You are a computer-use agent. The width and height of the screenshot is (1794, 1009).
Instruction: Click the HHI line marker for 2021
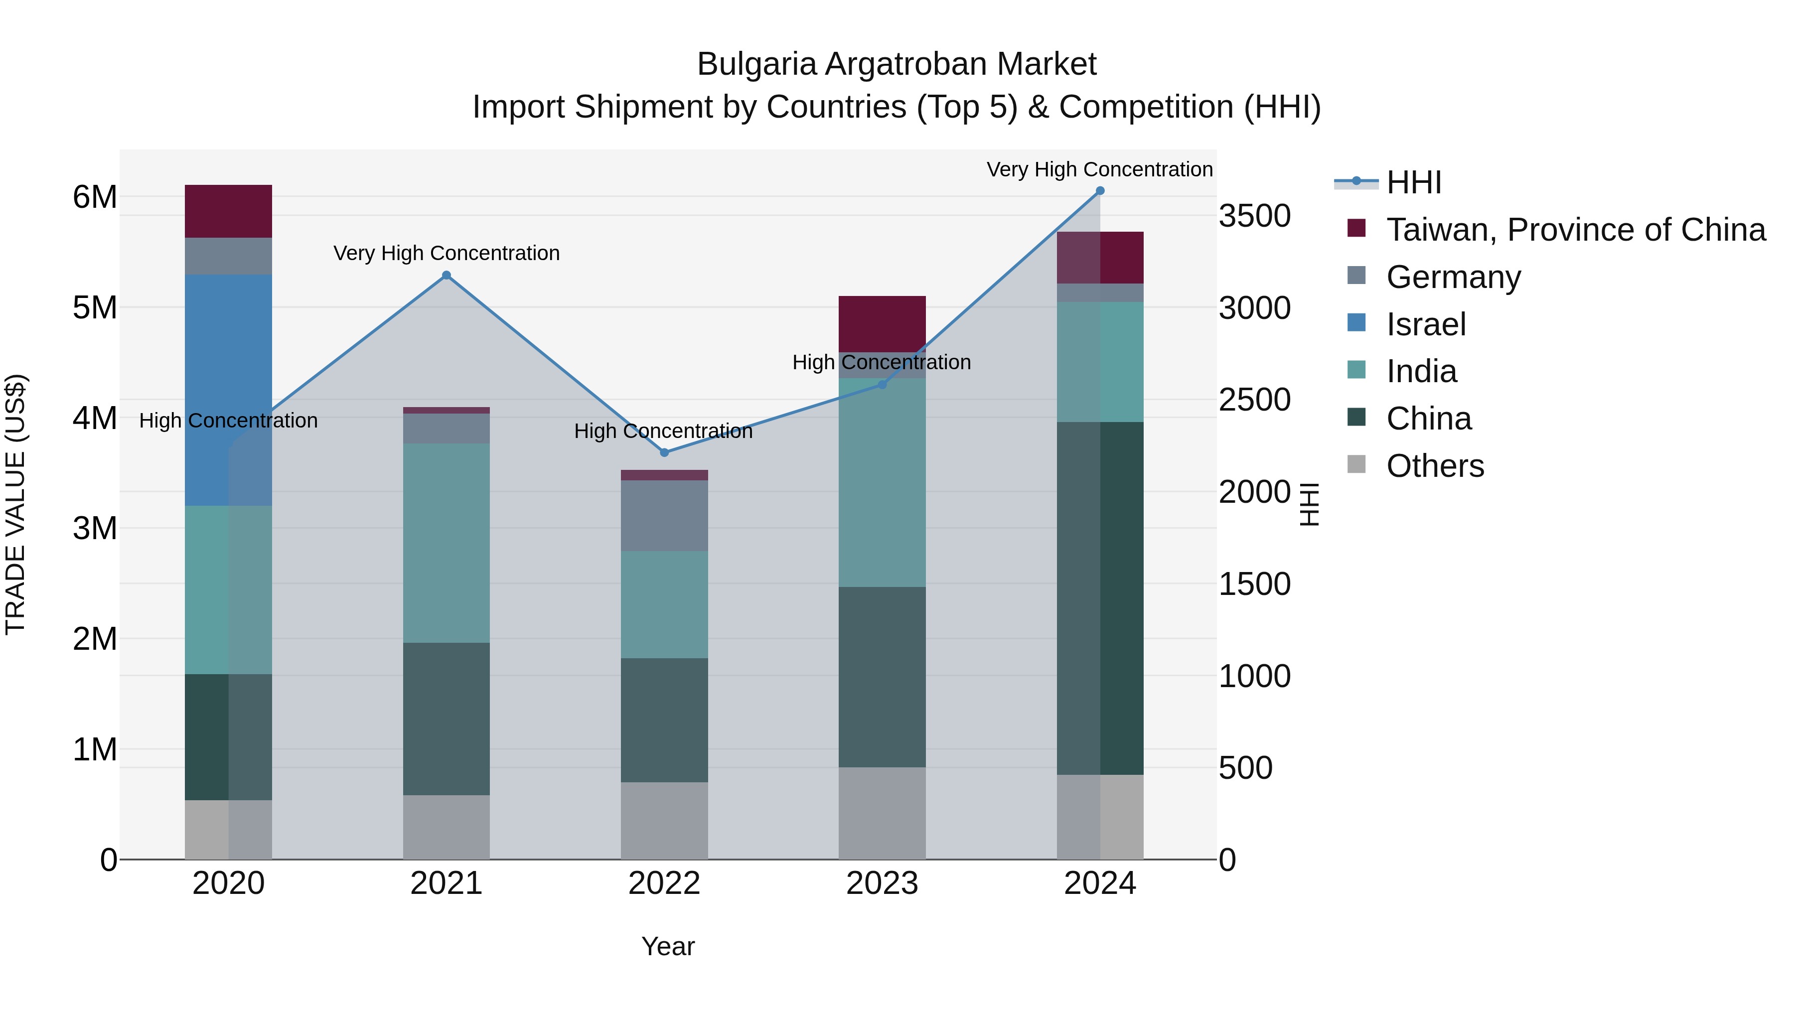pyautogui.click(x=447, y=275)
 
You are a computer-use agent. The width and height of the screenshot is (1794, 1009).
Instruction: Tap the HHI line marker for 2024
pyautogui.click(x=1100, y=190)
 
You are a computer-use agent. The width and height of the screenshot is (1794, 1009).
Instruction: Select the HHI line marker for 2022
pyautogui.click(x=664, y=452)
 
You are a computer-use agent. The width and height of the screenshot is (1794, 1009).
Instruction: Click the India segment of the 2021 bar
pyautogui.click(x=447, y=543)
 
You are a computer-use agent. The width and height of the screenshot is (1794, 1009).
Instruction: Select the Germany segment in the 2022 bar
pyautogui.click(x=664, y=515)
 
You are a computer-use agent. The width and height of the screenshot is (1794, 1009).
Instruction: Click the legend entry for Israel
pyautogui.click(x=1426, y=324)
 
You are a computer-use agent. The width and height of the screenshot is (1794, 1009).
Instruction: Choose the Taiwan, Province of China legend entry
pyautogui.click(x=1575, y=230)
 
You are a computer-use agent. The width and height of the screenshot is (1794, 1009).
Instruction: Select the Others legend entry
pyautogui.click(x=1435, y=466)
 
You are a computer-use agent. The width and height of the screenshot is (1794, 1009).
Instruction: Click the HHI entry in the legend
pyautogui.click(x=1414, y=182)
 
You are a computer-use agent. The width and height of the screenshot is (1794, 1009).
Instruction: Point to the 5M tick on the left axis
pyautogui.click(x=95, y=307)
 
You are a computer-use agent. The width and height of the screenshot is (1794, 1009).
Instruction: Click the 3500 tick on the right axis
pyautogui.click(x=1254, y=215)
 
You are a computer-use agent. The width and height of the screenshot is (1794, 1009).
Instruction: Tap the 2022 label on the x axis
pyautogui.click(x=664, y=883)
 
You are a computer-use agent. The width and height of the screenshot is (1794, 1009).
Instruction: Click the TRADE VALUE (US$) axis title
pyautogui.click(x=15, y=504)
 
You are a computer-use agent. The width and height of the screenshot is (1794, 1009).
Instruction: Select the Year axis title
pyautogui.click(x=668, y=946)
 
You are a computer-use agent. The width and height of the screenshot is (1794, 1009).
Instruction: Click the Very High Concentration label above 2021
pyautogui.click(x=447, y=253)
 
